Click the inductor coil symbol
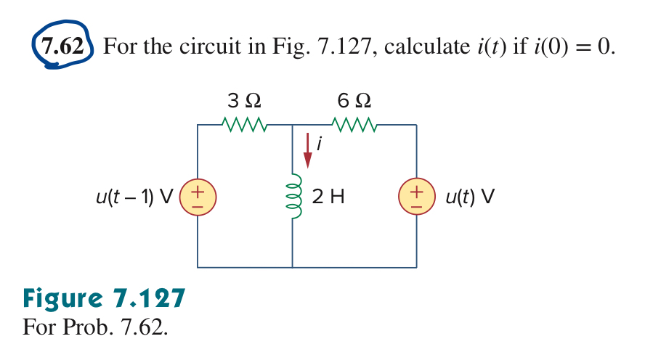[x=293, y=197]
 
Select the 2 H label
[x=327, y=196]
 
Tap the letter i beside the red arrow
[x=319, y=145]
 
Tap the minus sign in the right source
[x=416, y=204]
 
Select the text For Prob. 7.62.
[x=95, y=327]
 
